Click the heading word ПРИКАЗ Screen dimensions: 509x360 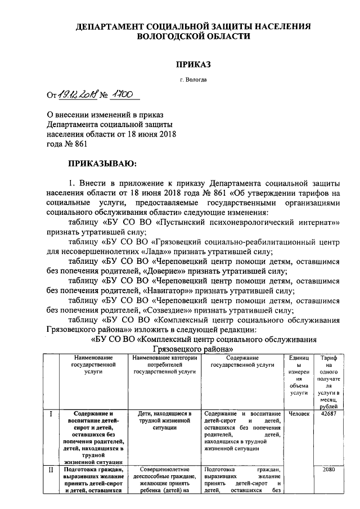point(193,65)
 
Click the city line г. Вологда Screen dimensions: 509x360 point(193,80)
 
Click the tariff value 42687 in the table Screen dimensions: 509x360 point(328,415)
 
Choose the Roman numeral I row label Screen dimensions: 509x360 point(51,415)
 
